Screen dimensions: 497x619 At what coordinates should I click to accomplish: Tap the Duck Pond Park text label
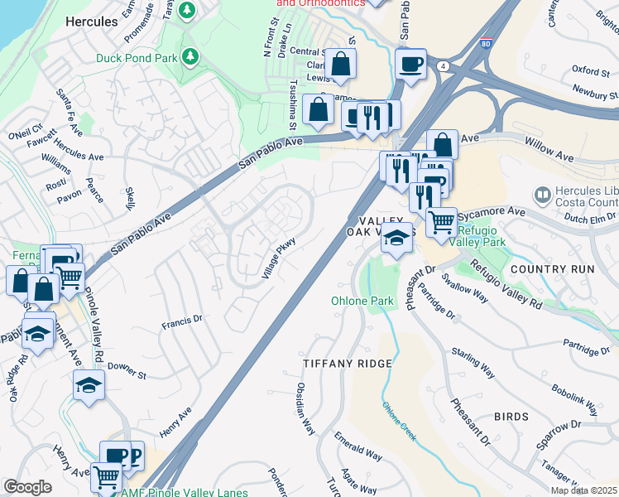[x=137, y=58]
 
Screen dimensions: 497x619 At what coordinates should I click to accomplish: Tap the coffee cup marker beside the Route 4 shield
[x=410, y=64]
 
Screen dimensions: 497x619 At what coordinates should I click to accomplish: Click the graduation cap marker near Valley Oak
[x=397, y=237]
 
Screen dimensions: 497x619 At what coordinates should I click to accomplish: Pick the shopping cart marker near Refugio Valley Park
[x=441, y=220]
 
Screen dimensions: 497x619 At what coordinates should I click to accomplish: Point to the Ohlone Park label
[x=362, y=301]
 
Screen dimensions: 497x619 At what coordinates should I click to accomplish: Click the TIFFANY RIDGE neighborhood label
[x=347, y=364]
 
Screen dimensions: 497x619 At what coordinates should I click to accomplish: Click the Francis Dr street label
[x=182, y=320]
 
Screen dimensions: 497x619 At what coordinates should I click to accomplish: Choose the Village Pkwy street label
[x=280, y=258]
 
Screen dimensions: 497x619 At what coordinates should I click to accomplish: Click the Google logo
[x=27, y=487]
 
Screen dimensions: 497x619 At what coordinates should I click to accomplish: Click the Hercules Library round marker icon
[x=542, y=195]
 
